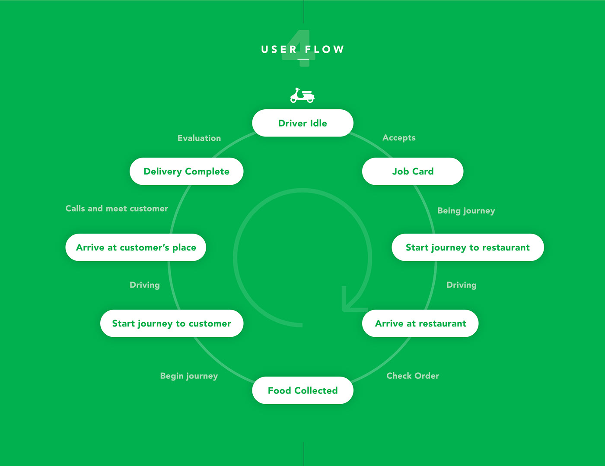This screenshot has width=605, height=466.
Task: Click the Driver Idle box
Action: [302, 123]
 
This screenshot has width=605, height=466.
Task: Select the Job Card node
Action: [413, 171]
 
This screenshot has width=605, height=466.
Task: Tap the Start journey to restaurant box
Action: [468, 247]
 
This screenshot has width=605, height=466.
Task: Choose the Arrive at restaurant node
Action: [420, 323]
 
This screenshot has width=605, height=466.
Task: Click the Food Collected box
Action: [302, 390]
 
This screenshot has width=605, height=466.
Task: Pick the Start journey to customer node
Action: [172, 323]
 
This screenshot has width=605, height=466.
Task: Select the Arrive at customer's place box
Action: [136, 247]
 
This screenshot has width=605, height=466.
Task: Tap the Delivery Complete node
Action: [187, 171]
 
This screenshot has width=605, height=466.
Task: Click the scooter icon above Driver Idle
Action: [302, 95]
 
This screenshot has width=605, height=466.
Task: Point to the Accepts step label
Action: [399, 138]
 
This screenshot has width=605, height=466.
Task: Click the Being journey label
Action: [466, 211]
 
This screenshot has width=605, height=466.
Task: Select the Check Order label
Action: [413, 376]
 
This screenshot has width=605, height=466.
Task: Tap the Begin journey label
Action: [189, 376]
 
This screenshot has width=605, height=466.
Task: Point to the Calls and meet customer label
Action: [117, 209]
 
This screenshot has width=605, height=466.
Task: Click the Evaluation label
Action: [199, 138]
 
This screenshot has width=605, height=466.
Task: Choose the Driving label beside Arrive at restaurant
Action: [462, 285]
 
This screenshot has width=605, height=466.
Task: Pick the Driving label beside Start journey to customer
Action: [145, 285]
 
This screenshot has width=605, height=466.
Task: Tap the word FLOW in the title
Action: [325, 50]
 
